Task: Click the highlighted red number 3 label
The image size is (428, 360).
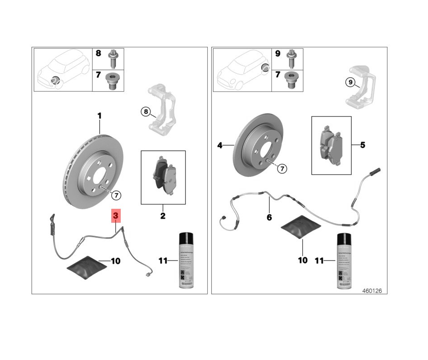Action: tap(116, 216)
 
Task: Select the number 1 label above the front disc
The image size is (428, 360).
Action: tap(100, 116)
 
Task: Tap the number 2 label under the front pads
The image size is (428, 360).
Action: tap(163, 216)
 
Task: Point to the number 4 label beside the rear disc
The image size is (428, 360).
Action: tap(220, 145)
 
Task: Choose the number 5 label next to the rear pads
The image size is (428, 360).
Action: tap(363, 145)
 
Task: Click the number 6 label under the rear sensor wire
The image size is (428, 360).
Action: tap(269, 217)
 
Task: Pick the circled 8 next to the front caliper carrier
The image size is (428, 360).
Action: tap(145, 111)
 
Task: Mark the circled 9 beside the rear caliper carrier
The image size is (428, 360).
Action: tap(350, 82)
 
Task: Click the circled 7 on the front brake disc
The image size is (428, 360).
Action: tap(116, 195)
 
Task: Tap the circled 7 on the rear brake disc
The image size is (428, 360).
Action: tap(282, 169)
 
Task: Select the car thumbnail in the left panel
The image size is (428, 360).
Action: tap(63, 70)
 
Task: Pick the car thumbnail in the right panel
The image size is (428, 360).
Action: tap(241, 70)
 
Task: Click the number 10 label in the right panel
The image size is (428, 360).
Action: tap(303, 260)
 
